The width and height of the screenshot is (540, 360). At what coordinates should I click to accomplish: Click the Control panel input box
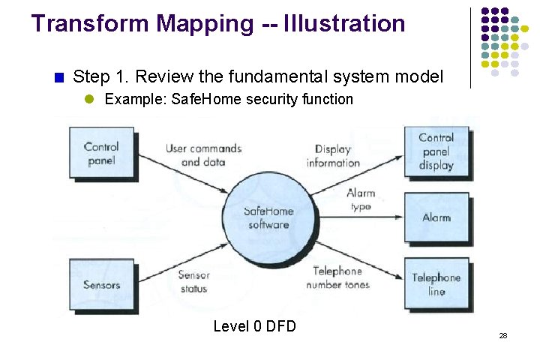coord(101,153)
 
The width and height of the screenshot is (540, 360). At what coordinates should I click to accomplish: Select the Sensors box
coord(101,285)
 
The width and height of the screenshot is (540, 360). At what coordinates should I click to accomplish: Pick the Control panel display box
coord(436,151)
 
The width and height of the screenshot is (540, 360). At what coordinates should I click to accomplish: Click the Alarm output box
coord(436,217)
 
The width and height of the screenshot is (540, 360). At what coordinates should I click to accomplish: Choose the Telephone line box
coord(436,284)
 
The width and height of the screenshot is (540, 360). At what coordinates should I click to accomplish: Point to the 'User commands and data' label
coord(203,155)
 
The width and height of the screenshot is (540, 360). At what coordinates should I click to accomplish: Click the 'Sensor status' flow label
coord(193,282)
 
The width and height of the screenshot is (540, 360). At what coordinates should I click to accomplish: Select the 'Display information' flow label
coord(333,156)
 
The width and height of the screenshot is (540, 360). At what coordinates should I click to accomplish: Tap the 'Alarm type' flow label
coord(361,199)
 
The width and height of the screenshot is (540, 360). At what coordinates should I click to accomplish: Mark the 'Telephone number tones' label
coord(337,277)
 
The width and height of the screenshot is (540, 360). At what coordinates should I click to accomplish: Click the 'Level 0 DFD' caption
coord(254,326)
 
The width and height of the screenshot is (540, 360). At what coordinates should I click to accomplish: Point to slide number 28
coord(503,335)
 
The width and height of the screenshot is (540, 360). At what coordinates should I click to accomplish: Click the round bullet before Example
coord(88,99)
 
